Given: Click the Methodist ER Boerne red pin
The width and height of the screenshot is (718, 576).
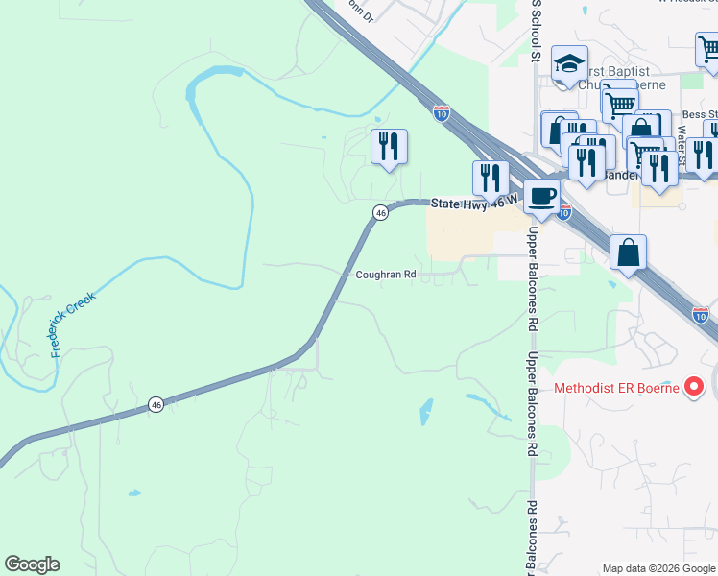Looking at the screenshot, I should coord(693,388).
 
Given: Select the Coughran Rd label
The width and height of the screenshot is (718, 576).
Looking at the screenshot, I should coord(386,275).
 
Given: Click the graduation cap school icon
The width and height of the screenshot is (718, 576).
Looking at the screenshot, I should coord(569,64).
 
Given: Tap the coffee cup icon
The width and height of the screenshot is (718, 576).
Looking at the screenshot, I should coord(541,197).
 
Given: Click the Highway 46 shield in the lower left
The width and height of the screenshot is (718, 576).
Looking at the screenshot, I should coord(156,405).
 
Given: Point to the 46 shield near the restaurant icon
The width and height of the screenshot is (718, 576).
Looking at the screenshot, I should coord(380,213).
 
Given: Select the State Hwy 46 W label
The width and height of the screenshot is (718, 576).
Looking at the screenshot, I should coord(474,203).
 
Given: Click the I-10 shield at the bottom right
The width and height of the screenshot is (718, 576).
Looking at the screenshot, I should coord(700,314).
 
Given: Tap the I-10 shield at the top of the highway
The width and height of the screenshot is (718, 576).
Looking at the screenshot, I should coord(441,111).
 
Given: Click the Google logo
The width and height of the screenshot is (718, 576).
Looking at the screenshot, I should coord(32,564).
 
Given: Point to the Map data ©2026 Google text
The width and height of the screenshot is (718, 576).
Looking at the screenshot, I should coord(658,568).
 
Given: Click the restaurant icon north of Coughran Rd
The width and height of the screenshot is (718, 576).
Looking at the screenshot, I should coord(389,147).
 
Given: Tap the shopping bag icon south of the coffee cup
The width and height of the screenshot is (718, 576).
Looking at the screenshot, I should coord(628,253).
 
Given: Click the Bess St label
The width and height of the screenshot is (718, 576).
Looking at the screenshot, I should coord(699,113).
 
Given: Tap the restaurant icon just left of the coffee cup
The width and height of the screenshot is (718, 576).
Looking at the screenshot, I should coord(491,178).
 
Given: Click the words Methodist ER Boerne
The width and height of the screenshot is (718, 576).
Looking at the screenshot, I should coord(616,389).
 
